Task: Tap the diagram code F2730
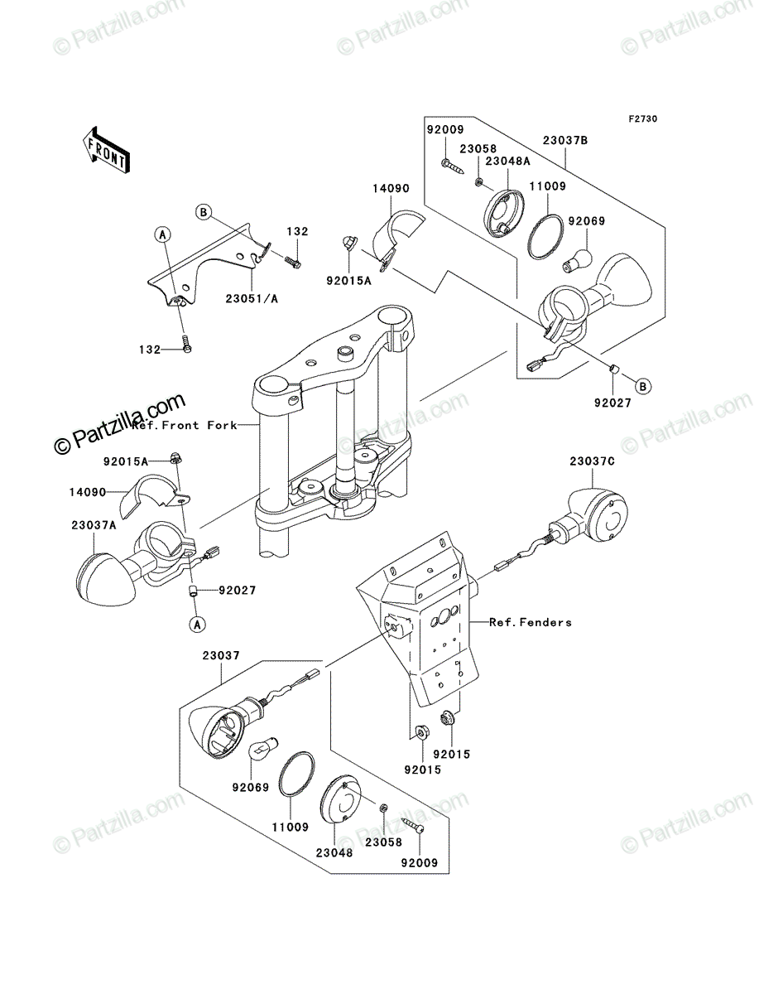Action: click(x=643, y=119)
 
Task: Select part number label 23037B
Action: click(x=565, y=140)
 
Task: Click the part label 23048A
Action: click(x=508, y=161)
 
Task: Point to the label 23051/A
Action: click(x=252, y=299)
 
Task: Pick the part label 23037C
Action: click(x=592, y=461)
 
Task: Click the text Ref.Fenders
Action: click(x=531, y=622)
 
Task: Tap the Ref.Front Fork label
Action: click(x=185, y=425)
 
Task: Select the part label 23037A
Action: click(x=94, y=525)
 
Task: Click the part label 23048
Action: click(x=334, y=852)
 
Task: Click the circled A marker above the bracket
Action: click(x=163, y=234)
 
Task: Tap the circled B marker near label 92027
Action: click(x=643, y=386)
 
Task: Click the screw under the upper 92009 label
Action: click(x=453, y=167)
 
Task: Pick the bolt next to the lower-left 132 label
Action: click(x=187, y=343)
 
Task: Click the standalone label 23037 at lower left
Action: click(x=221, y=655)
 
